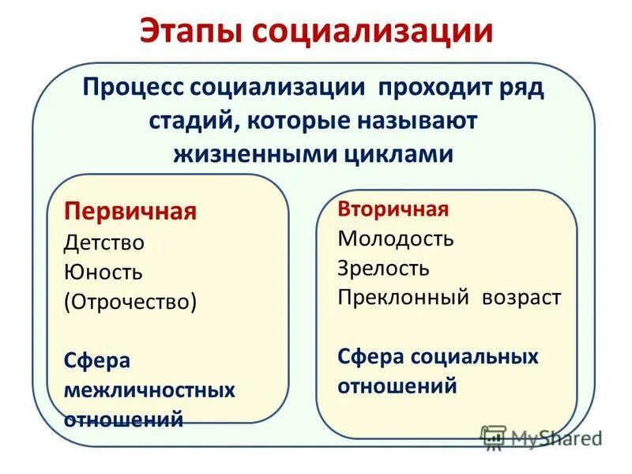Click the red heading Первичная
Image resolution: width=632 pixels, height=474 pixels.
pyautogui.click(x=130, y=213)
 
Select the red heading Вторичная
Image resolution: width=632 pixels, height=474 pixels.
pyautogui.click(x=393, y=209)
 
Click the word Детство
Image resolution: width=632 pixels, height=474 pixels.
pyautogui.click(x=104, y=243)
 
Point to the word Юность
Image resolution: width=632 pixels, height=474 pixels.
pyautogui.click(x=103, y=273)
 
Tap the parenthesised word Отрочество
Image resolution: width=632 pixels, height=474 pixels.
pyautogui.click(x=130, y=303)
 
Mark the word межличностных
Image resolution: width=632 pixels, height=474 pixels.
pyautogui.click(x=149, y=390)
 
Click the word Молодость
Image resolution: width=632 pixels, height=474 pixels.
pyautogui.click(x=396, y=239)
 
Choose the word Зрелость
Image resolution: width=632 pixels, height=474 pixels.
pyautogui.click(x=383, y=268)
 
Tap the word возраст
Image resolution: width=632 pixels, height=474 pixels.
pyautogui.click(x=523, y=298)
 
